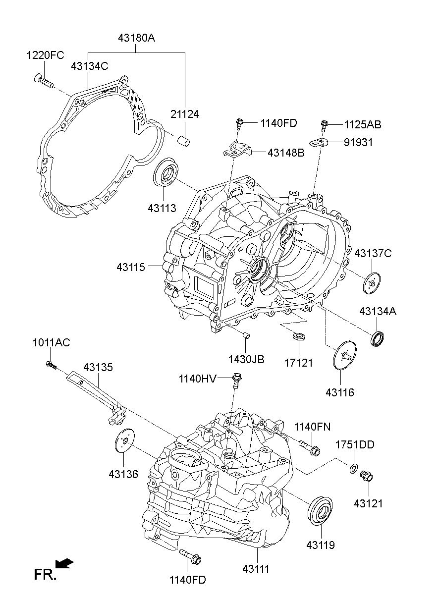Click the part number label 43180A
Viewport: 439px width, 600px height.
tap(136, 38)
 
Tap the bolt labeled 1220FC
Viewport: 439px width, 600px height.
tap(44, 81)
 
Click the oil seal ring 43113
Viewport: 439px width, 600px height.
tap(165, 173)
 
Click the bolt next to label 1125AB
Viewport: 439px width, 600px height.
tap(325, 125)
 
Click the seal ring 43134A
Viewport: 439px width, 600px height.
tap(379, 338)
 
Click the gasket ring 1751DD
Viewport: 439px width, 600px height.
tap(354, 468)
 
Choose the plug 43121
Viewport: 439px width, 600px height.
tap(367, 477)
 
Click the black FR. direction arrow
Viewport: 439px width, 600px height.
tap(64, 563)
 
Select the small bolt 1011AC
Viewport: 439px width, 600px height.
tap(51, 366)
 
